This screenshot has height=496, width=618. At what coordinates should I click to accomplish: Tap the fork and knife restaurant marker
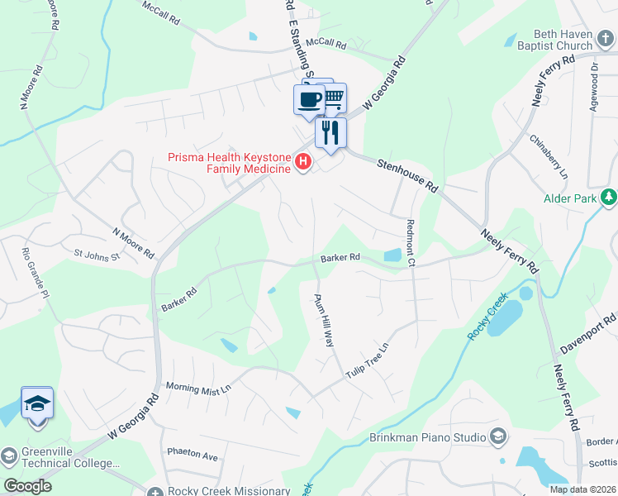tap(330, 132)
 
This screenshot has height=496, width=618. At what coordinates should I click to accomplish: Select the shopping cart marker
tap(333, 98)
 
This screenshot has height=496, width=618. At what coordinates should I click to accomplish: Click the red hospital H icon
tap(303, 162)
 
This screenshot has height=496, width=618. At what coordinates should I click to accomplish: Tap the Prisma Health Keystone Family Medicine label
tap(229, 163)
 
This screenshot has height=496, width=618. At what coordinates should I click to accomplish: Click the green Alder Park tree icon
tap(609, 197)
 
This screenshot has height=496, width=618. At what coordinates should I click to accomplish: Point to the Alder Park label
tap(570, 198)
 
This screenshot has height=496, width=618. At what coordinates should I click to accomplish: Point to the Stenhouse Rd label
tap(407, 175)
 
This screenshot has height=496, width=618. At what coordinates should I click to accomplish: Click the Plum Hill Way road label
tap(325, 320)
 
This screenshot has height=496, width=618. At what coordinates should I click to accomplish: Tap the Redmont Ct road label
tap(411, 243)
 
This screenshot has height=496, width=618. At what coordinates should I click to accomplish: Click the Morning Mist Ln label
tap(198, 387)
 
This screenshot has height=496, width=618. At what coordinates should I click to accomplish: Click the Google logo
tap(28, 486)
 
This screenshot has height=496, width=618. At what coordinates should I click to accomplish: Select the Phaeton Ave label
tap(192, 455)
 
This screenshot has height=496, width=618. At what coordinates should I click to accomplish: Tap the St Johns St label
tap(97, 255)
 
